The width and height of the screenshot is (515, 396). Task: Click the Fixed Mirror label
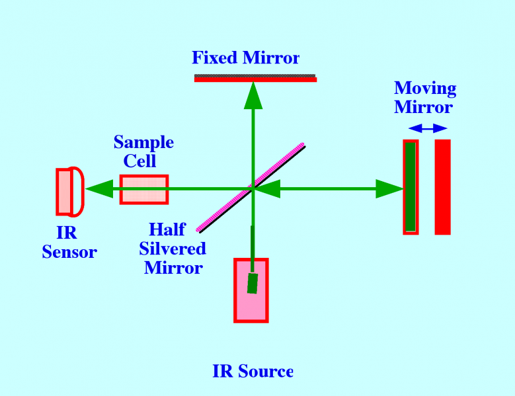pyautogui.click(x=245, y=58)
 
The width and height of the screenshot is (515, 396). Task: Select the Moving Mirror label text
pyautogui.click(x=424, y=98)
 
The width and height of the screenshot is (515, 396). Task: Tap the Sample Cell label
pyautogui.click(x=143, y=151)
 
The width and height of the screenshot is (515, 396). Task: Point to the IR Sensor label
pyautogui.click(x=69, y=243)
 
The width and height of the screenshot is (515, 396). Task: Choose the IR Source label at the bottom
pyautogui.click(x=253, y=371)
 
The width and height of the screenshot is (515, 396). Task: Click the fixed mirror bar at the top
pyautogui.click(x=255, y=78)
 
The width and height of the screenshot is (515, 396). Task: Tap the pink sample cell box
pyautogui.click(x=143, y=189)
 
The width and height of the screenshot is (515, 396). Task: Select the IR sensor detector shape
pyautogui.click(x=69, y=192)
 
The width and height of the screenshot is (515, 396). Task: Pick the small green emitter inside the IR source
pyautogui.click(x=252, y=282)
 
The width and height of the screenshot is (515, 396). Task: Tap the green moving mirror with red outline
pyautogui.click(x=411, y=187)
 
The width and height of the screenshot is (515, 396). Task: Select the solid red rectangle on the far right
pyautogui.click(x=442, y=187)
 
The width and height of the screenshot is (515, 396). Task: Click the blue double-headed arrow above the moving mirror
pyautogui.click(x=427, y=128)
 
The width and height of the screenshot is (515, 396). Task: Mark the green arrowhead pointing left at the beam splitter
pyautogui.click(x=266, y=189)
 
